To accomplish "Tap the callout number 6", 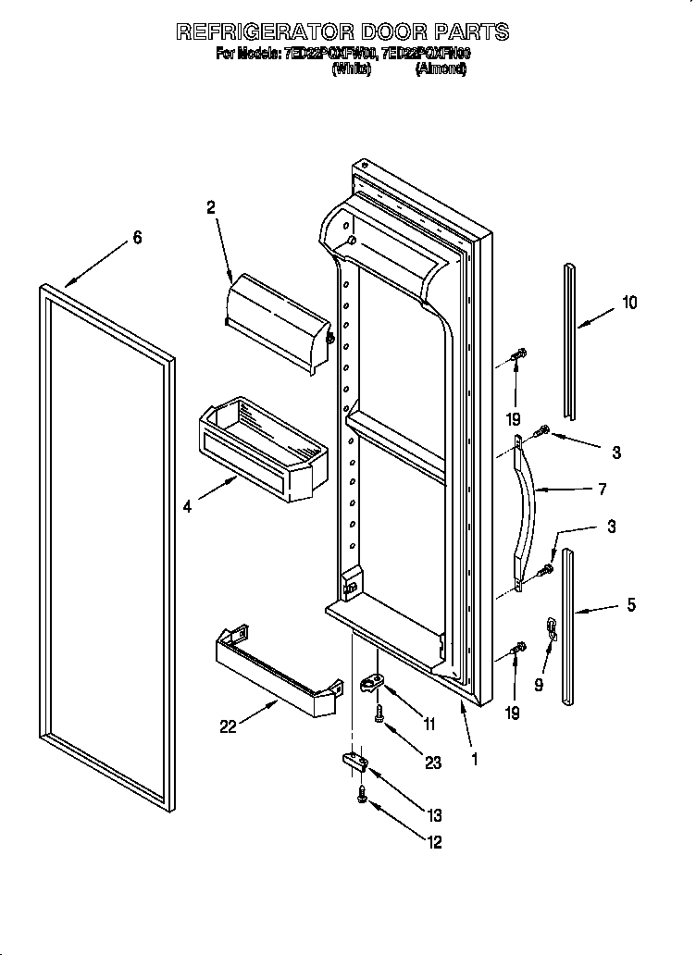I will (137, 238).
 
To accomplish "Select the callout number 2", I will (211, 209).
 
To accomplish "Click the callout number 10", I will (629, 302).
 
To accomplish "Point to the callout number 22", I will (228, 726).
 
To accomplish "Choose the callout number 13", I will (435, 815).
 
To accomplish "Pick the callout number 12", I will (434, 842).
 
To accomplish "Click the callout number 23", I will (434, 763).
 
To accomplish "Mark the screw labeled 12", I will (362, 794).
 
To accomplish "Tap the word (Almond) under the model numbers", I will (441, 68).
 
